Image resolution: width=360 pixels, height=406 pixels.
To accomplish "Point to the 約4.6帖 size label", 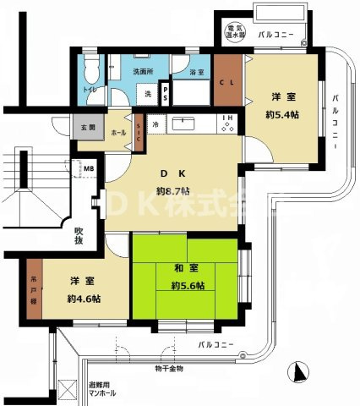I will coord(84,299).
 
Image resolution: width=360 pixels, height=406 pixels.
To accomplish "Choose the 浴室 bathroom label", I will coord(196,74).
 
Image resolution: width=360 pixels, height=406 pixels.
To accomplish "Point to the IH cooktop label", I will coord(226,118).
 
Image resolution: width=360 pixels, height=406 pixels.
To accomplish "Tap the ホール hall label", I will coord(118,132).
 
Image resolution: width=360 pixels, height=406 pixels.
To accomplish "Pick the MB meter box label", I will coord(88,169).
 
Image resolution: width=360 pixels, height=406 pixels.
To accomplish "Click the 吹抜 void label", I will coord(79,235).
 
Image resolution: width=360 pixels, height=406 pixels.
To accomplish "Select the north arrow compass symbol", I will coord(297,372).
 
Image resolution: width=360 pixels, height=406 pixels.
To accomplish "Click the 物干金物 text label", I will coord(169,369).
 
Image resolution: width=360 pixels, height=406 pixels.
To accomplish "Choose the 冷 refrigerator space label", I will coord(155,123).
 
